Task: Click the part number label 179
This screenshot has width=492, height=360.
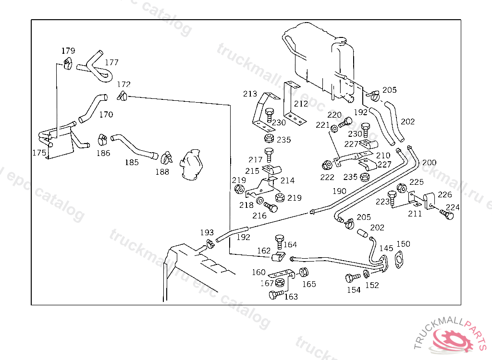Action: [x=68, y=50]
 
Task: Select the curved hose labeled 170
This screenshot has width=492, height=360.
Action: [x=93, y=108]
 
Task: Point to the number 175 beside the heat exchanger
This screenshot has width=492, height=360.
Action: [x=39, y=153]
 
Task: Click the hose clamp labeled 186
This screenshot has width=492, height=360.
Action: [x=102, y=140]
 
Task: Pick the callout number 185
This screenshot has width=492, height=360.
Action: [x=132, y=162]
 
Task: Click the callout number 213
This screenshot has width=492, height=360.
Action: [x=250, y=94]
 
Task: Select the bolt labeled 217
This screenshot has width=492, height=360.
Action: [x=269, y=155]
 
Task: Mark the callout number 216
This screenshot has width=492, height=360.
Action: [x=259, y=216]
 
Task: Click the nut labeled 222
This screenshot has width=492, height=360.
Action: [x=327, y=165]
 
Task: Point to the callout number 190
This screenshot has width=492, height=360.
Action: [x=340, y=191]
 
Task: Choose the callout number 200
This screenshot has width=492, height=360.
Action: [x=429, y=162]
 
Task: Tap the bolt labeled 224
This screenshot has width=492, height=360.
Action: [x=447, y=215]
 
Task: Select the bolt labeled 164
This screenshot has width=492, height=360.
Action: [x=280, y=242]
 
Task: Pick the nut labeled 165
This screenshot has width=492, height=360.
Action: [x=304, y=272]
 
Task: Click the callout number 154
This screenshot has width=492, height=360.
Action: [x=354, y=290]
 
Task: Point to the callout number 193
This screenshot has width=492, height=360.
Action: [x=207, y=232]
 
